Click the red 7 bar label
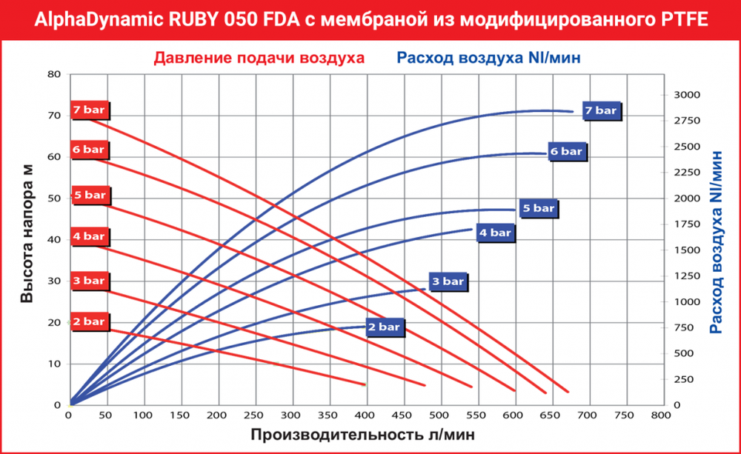point(89,110)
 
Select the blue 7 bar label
point(600,110)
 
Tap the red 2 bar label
point(89,321)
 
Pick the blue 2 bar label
point(384,327)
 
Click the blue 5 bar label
point(537,209)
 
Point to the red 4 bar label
point(89,236)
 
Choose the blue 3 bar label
point(448,281)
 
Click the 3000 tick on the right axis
point(688,95)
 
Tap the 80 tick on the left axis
point(53,74)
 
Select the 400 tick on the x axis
point(365,415)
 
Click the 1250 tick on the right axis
point(688,276)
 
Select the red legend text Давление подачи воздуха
point(259,57)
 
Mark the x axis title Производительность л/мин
point(362,434)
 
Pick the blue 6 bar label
point(567,151)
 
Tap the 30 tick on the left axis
point(53,281)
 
